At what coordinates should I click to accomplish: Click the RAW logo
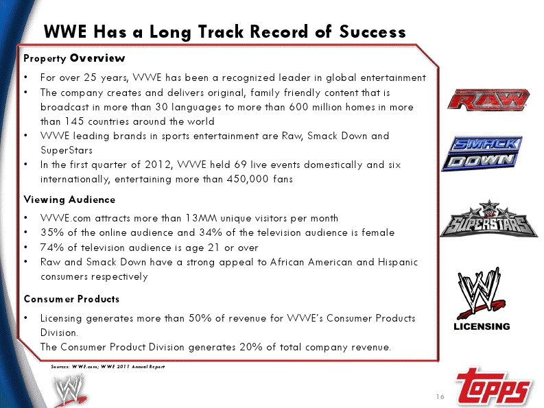pos(488,99)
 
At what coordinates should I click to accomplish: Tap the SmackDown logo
pos(482,153)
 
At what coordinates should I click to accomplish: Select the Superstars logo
pos(489,219)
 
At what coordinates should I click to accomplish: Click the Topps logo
pos(493,386)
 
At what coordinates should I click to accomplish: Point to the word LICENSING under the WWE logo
pos(482,326)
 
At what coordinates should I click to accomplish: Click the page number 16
pos(440,396)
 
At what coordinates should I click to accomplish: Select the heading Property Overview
pos(74,58)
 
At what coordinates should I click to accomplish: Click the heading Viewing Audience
pos(69,200)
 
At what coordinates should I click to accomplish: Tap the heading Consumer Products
pos(71,299)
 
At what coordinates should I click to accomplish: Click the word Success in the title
pos(372,32)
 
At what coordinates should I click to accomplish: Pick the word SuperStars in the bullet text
pos(67,150)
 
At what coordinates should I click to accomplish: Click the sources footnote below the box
pos(108,366)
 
